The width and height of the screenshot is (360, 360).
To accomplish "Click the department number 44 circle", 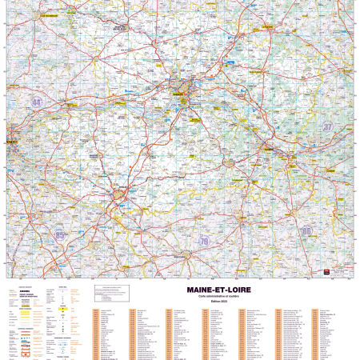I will pyautogui.click(x=37, y=102).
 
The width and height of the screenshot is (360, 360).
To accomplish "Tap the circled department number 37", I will pyautogui.click(x=326, y=126).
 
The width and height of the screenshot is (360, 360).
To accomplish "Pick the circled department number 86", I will pyautogui.click(x=306, y=230).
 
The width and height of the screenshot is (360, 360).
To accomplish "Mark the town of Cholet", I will pyautogui.click(x=119, y=194).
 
